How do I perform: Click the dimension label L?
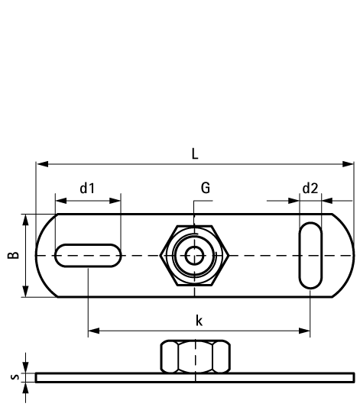[x=195, y=153]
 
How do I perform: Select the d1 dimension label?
[x=87, y=188]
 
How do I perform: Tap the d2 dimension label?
[x=310, y=188]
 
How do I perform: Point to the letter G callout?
[x=206, y=188]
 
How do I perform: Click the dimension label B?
[x=14, y=255]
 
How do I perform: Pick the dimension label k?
[x=199, y=321]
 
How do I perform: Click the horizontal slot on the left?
[x=88, y=255]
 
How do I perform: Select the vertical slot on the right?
[x=310, y=255]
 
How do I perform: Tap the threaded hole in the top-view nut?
[x=195, y=255]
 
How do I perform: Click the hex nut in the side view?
[x=195, y=356]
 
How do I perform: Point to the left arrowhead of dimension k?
[x=93, y=331]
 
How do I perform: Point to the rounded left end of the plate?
[x=44, y=255]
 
